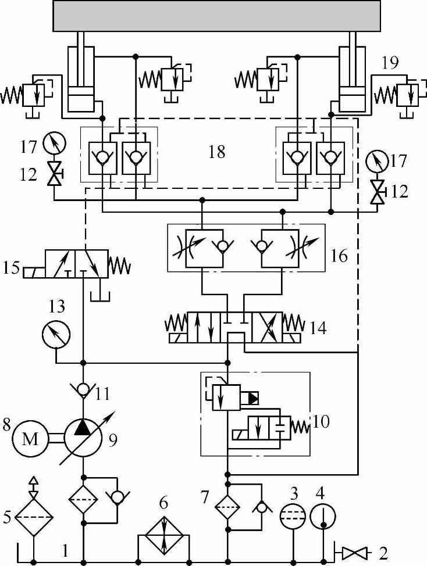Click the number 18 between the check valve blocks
coord(216,153)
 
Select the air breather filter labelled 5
coord(33,513)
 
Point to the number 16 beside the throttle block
coord(339,255)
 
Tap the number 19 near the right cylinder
coord(390,63)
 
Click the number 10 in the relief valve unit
coord(321,420)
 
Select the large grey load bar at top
coord(217,16)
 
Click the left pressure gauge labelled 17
coord(54,142)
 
